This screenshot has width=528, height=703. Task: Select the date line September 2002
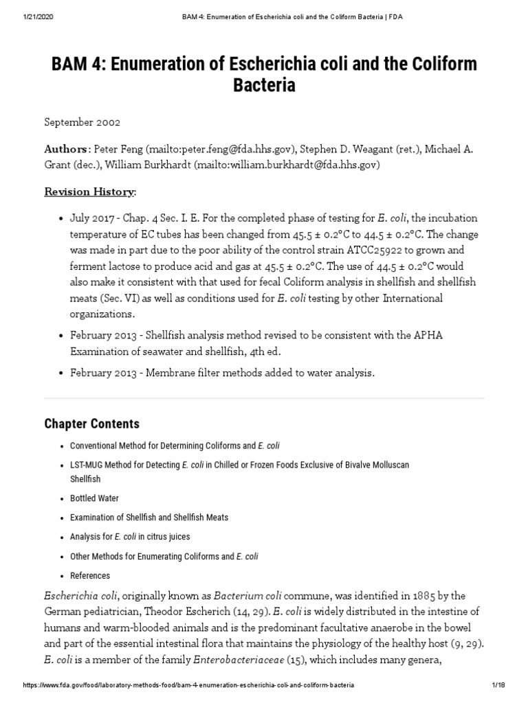(82, 122)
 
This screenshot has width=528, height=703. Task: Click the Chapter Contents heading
(92, 424)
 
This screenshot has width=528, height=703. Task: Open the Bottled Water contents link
(95, 498)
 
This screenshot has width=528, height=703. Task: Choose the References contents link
(90, 575)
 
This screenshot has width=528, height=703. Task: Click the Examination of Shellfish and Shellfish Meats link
(149, 517)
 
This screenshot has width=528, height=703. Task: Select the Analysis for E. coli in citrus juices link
(130, 536)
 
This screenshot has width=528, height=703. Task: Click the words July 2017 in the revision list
(91, 218)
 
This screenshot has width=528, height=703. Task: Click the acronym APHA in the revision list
(449, 335)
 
